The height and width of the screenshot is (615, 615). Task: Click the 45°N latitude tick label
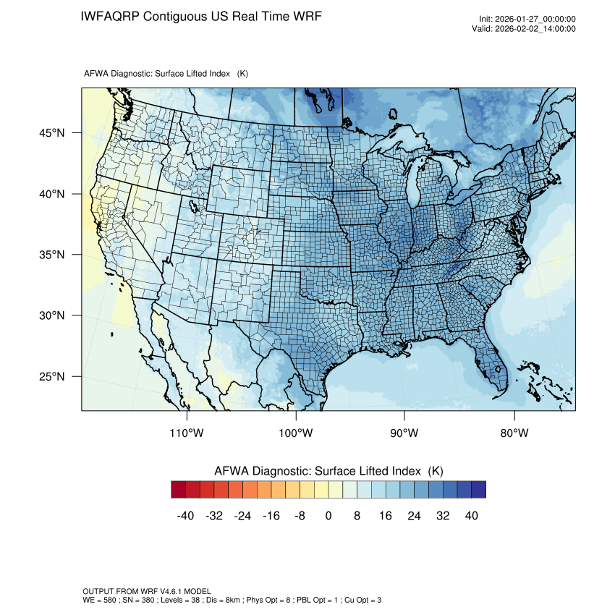point(51,133)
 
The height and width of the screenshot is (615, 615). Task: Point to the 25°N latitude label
point(51,376)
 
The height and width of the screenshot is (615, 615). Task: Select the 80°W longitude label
point(514,433)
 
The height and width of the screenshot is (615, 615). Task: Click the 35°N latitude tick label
point(51,255)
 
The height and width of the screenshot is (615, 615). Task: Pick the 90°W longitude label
point(404,433)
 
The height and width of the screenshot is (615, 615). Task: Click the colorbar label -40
point(186,515)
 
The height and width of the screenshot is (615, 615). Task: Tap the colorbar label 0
point(328,515)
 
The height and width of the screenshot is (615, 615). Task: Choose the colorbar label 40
point(472,515)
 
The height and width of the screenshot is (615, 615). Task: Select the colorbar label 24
point(415,515)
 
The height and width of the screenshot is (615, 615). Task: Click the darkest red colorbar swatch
point(179,490)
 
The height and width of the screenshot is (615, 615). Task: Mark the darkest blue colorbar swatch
point(478,490)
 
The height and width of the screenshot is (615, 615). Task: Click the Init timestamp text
point(527,20)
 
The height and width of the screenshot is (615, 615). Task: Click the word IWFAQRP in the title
point(110,16)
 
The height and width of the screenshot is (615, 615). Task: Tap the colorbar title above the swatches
point(328,471)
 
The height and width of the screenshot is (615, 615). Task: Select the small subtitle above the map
point(166,74)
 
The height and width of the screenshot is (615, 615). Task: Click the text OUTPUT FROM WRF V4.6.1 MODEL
point(147,591)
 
